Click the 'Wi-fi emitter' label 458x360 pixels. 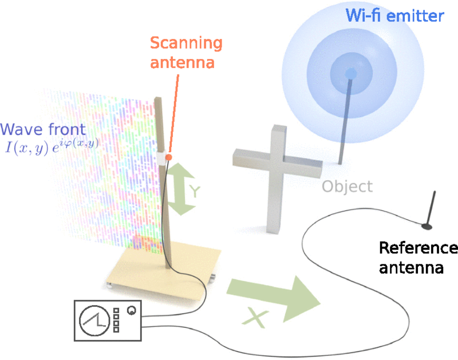(x=394, y=15)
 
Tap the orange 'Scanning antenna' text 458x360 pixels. (x=186, y=53)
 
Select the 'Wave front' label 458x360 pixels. (x=43, y=129)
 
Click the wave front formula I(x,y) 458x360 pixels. (x=52, y=147)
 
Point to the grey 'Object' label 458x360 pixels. (x=347, y=187)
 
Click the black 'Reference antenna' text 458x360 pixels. (x=418, y=258)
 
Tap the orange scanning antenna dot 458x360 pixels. (x=168, y=157)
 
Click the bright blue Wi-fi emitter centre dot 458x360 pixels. (x=350, y=74)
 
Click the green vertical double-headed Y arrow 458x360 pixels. (x=181, y=189)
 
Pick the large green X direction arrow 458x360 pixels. (x=274, y=298)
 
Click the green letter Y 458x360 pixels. (x=195, y=191)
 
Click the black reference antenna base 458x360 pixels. (x=427, y=226)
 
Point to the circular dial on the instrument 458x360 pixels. (x=94, y=321)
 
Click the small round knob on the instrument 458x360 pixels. (x=132, y=311)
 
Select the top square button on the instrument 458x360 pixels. (x=116, y=311)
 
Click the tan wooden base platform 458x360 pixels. (x=164, y=267)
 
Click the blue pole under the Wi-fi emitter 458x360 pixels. (x=345, y=120)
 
